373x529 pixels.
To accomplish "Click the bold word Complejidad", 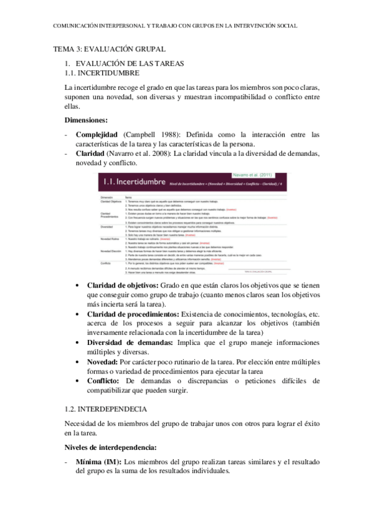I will click(x=98, y=134).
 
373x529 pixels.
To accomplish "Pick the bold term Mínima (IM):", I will click(x=98, y=462).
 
